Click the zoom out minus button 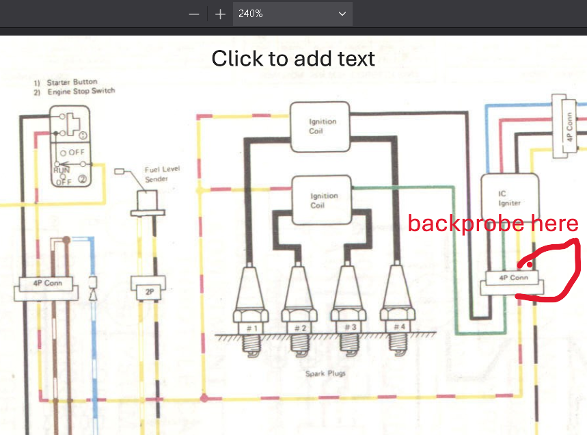[x=194, y=14]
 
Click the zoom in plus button [x=220, y=14]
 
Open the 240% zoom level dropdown [x=292, y=14]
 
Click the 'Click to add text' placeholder [x=293, y=58]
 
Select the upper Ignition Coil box [x=320, y=127]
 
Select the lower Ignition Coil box [x=322, y=200]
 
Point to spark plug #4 [x=397, y=309]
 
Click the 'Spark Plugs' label [x=325, y=373]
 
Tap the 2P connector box [x=148, y=288]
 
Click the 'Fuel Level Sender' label [x=162, y=174]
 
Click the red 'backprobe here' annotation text [x=493, y=223]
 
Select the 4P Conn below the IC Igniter [x=512, y=282]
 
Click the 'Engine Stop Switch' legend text [x=81, y=91]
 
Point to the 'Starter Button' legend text [x=72, y=82]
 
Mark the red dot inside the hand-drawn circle [x=530, y=265]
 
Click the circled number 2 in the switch [x=82, y=179]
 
